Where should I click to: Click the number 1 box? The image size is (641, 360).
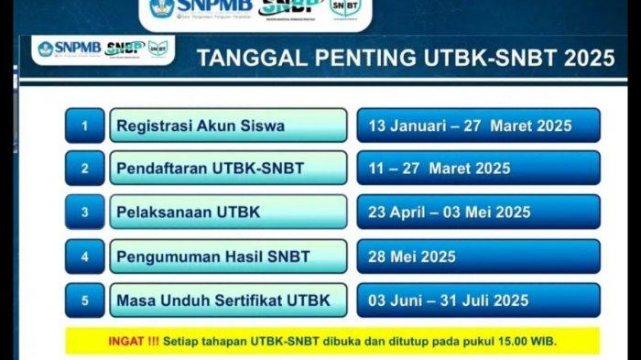tap(85, 125)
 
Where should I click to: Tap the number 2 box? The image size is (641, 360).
tap(85, 169)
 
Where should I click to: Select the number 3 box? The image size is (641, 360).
tap(85, 213)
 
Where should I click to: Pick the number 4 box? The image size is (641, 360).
tap(85, 256)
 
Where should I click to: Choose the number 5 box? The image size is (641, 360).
tap(85, 300)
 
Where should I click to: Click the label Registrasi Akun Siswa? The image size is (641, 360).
tap(201, 125)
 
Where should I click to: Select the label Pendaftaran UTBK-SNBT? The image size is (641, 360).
tap(210, 169)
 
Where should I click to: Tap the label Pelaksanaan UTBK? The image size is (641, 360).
tap(189, 213)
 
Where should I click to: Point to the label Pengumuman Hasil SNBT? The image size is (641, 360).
tap(213, 256)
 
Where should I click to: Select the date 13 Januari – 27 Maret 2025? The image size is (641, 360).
tap(469, 125)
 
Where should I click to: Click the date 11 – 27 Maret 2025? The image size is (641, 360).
tap(439, 169)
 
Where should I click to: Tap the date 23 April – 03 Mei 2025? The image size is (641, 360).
tap(449, 213)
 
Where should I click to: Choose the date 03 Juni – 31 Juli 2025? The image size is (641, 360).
tap(448, 300)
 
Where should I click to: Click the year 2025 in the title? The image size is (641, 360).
tap(589, 60)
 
